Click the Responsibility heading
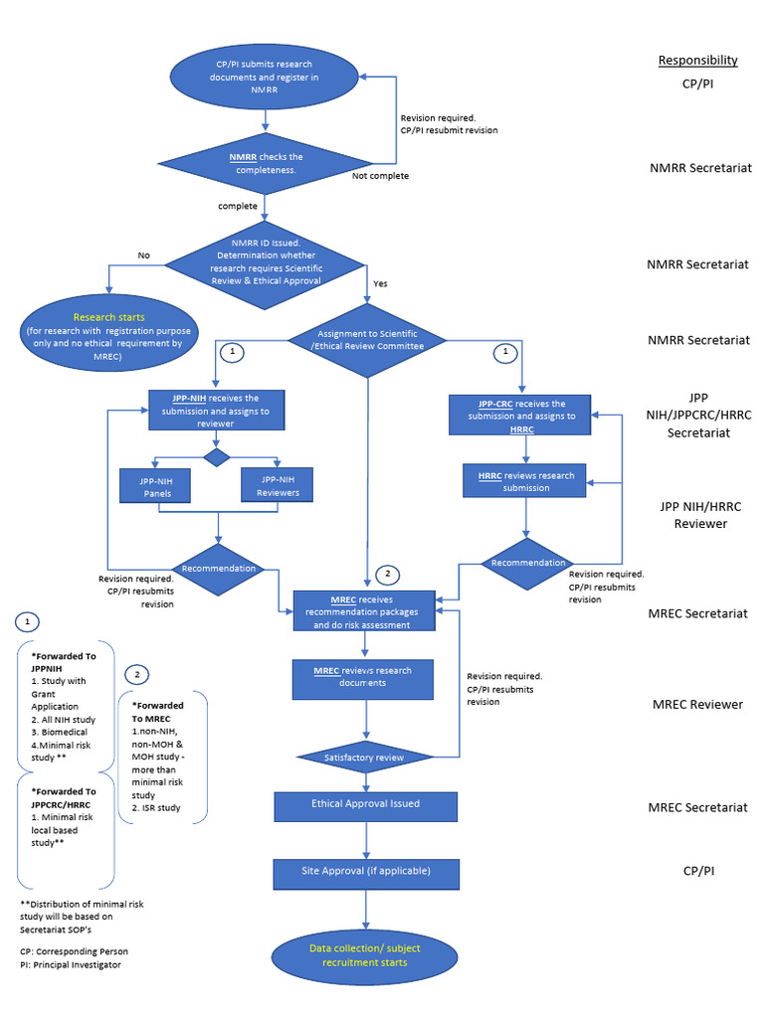coord(697,60)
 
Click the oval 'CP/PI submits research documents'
coord(264,76)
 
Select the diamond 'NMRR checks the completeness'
coord(264,164)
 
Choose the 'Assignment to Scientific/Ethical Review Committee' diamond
coord(369,340)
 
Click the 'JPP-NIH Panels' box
coord(154,486)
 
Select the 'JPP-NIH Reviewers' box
coord(278,486)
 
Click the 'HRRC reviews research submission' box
coord(525,481)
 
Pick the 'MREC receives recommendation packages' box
coord(363,612)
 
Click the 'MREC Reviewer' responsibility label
coord(697,705)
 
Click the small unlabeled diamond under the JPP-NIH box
coord(216,456)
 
